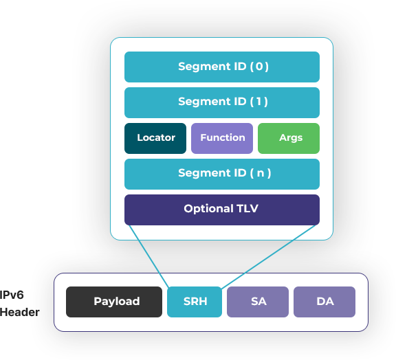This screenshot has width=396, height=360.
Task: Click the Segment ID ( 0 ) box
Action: (222, 67)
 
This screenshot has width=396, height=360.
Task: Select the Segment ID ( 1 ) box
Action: (222, 102)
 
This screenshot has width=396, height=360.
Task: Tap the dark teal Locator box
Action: (155, 138)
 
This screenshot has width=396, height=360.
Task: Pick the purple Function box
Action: (222, 138)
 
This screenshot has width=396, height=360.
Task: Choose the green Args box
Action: (289, 138)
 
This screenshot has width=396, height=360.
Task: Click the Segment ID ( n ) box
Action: (222, 175)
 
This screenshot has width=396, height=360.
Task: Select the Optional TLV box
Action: (222, 210)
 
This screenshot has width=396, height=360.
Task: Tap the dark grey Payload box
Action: (114, 302)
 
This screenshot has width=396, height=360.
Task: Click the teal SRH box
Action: (195, 302)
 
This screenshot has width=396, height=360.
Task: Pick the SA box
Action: (258, 302)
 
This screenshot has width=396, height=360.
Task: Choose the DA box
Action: (324, 302)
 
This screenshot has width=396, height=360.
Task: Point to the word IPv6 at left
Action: (12, 295)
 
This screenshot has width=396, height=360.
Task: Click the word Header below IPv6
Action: (20, 313)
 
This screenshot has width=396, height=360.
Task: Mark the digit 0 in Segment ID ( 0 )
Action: (259, 67)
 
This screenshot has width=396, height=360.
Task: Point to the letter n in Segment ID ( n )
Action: (261, 173)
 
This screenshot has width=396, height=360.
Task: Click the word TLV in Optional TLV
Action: (247, 209)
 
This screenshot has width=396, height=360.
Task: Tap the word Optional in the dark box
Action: (208, 209)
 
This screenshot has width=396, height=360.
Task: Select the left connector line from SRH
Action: (149, 256)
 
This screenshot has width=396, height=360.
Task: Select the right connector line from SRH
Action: (268, 256)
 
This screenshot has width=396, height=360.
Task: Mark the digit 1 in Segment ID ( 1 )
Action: (258, 102)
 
